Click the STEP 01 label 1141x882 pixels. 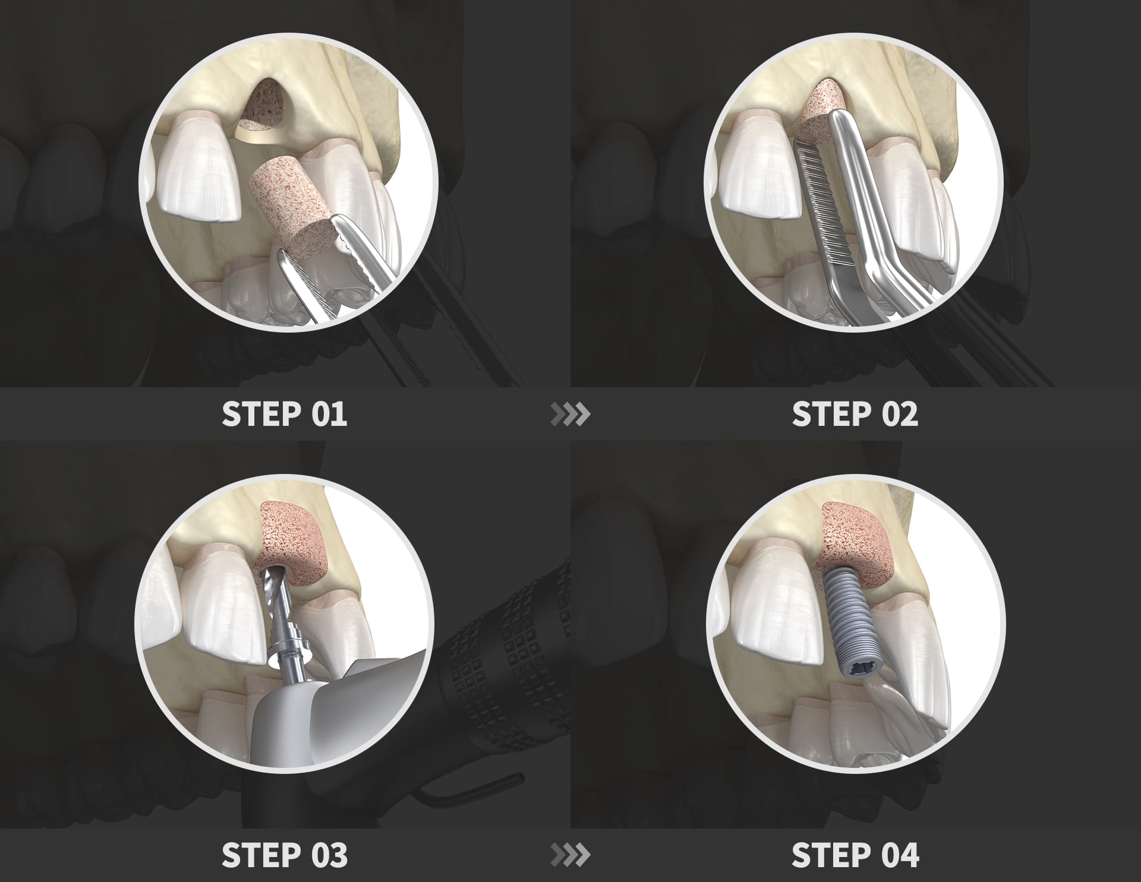tap(284, 414)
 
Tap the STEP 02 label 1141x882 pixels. tap(855, 414)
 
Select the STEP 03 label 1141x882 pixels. tap(284, 855)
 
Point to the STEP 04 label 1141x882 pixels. tap(855, 855)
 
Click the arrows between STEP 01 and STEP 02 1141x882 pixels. tap(570, 415)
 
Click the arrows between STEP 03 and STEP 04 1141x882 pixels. tap(570, 855)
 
